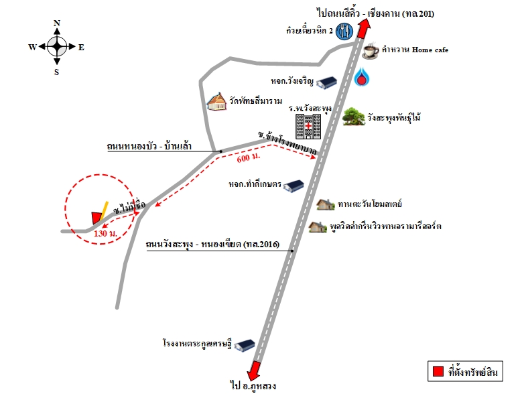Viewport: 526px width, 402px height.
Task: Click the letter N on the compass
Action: pos(57,23)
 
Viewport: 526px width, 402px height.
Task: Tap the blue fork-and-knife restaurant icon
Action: pos(344,31)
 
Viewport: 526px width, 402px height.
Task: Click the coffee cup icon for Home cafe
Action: pos(371,51)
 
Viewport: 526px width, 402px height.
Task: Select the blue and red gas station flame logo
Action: pos(361,77)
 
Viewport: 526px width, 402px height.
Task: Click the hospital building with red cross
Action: pos(308,126)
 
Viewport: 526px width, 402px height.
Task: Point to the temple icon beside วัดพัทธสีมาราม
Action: pos(216,102)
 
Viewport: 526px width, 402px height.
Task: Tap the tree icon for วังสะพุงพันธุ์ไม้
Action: pos(354,117)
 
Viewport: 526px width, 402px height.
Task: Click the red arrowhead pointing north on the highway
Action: pos(364,29)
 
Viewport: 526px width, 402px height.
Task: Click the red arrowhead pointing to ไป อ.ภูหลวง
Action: pos(254,371)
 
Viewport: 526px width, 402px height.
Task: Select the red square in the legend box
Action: pos(438,371)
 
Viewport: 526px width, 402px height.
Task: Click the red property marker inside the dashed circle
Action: pos(96,218)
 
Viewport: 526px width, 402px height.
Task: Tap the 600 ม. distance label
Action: pos(248,157)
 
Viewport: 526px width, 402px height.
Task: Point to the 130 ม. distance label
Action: pos(105,233)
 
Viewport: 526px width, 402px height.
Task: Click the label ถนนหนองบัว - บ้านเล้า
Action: pos(149,146)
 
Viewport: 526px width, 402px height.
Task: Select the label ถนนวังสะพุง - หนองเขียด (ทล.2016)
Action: pos(212,244)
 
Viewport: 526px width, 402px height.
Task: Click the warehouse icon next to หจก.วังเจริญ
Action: pos(326,82)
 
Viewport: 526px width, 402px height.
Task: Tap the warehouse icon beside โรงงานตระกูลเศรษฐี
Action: pos(245,345)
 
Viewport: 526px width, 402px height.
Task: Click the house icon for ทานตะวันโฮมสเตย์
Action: pos(326,204)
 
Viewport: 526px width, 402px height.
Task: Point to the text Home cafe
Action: pos(430,50)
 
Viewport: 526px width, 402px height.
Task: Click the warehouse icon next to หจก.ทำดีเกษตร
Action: pos(293,186)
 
